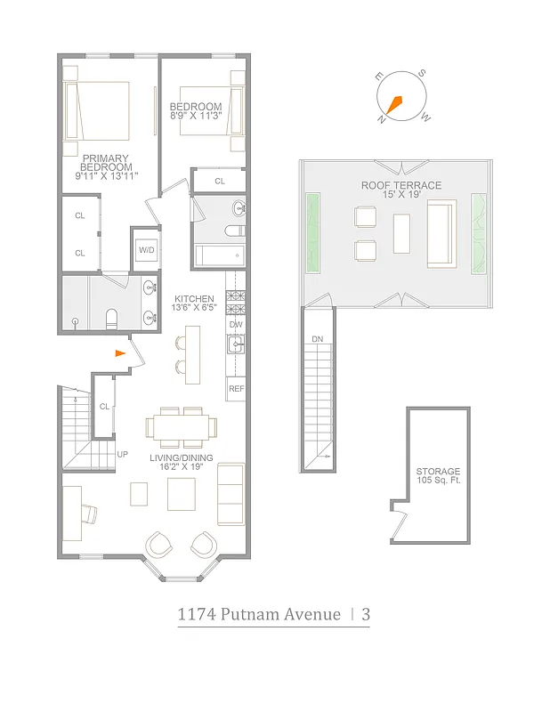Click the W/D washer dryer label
click(x=145, y=250)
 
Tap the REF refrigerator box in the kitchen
click(x=236, y=389)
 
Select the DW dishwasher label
click(x=235, y=325)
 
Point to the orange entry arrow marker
click(x=120, y=353)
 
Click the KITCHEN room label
click(x=194, y=298)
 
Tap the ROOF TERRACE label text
click(x=400, y=185)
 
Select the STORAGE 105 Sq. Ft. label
click(x=438, y=476)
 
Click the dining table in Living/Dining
click(x=182, y=427)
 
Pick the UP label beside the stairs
click(x=123, y=455)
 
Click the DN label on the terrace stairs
click(x=317, y=340)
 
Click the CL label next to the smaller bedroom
click(x=220, y=182)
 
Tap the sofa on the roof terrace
click(x=441, y=233)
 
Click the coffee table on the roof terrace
click(x=401, y=233)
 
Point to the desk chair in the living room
click(x=91, y=514)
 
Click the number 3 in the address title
click(x=365, y=614)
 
